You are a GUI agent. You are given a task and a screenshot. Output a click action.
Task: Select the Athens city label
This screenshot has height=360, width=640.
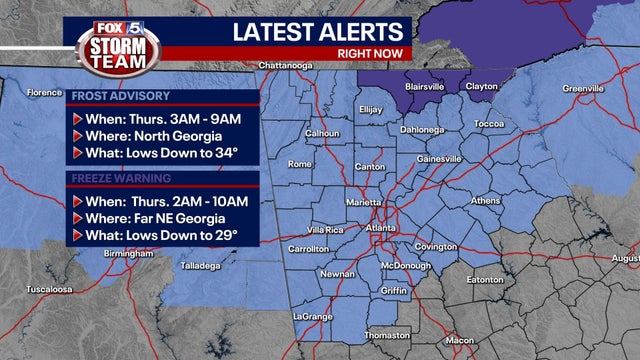pyautogui.click(x=485, y=200)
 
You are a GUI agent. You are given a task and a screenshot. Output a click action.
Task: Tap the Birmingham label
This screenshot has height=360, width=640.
pyautogui.click(x=127, y=254)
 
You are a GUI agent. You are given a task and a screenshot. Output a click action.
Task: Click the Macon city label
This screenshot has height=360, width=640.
pyautogui.click(x=460, y=340)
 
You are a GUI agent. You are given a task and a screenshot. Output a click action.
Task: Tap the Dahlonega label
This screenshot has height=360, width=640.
pyautogui.click(x=422, y=129)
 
